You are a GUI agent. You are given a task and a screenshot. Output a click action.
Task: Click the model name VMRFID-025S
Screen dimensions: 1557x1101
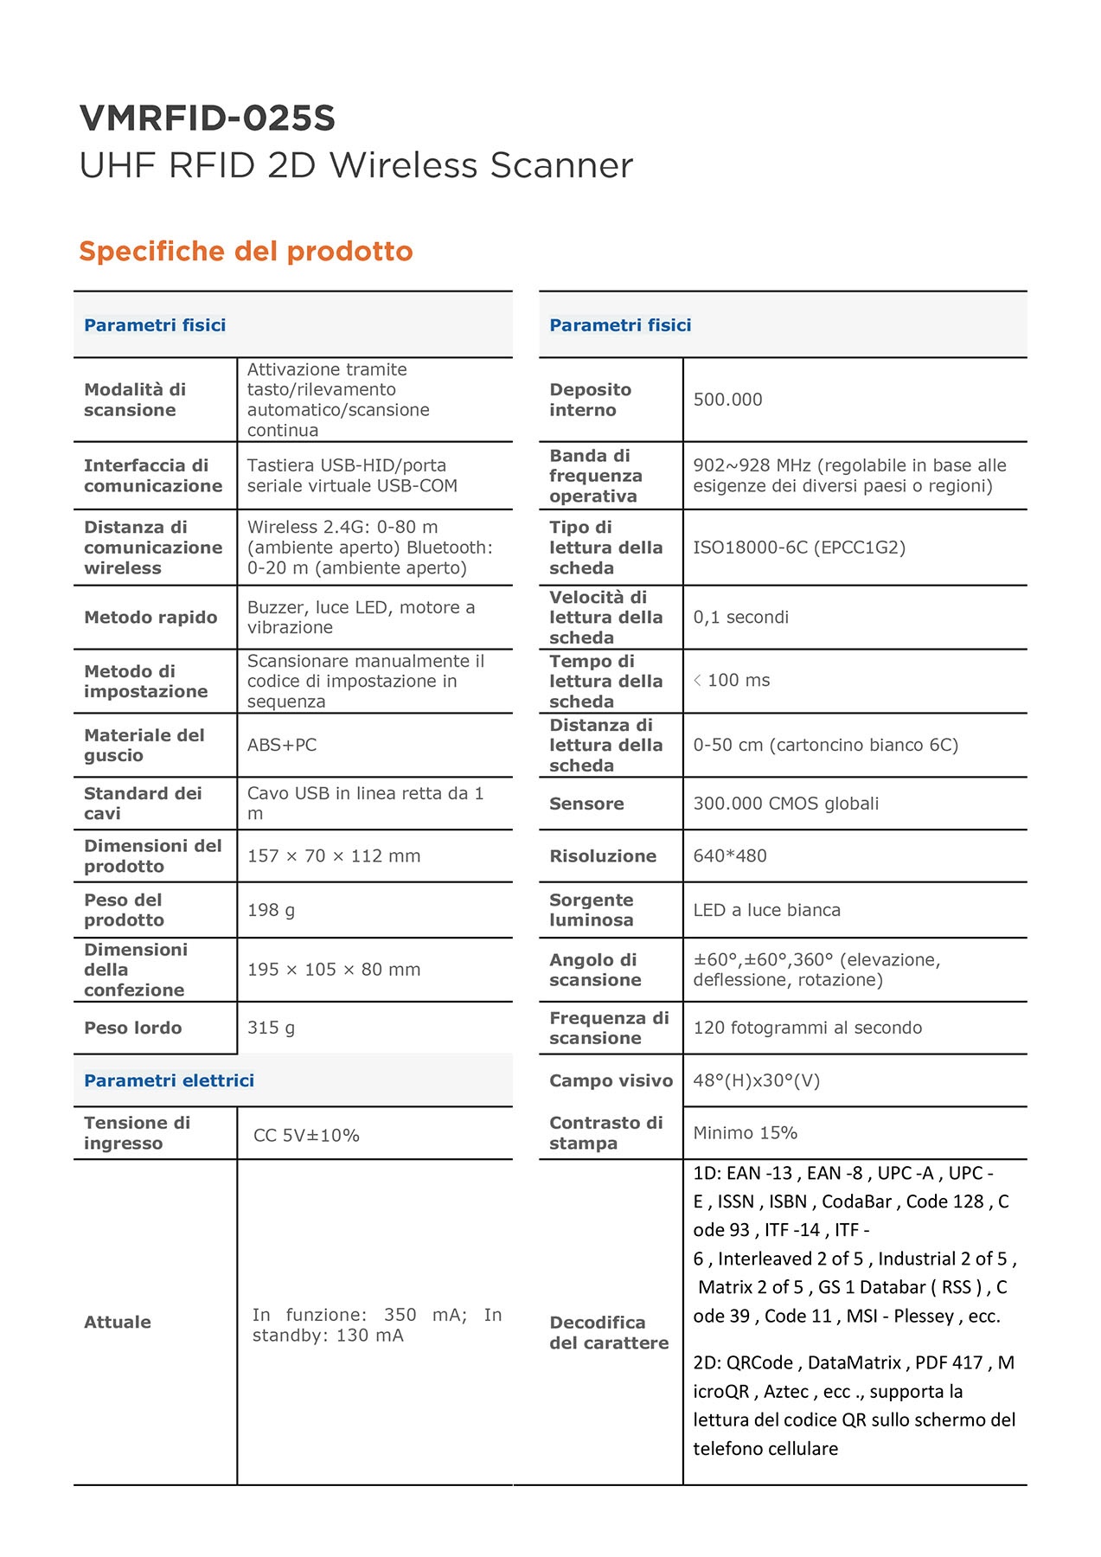point(207,119)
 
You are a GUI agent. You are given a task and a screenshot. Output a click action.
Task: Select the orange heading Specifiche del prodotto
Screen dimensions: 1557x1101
point(246,251)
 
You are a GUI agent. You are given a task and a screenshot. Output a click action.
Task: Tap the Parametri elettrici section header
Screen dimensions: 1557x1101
point(169,1080)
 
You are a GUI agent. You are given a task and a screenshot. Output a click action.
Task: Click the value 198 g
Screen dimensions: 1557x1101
point(271,910)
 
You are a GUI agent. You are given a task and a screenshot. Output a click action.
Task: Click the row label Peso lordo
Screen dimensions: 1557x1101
point(132,1028)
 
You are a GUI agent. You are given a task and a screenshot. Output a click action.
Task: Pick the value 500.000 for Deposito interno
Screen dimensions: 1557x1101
point(727,400)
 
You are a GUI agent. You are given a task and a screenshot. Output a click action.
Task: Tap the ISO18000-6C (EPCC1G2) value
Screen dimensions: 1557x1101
point(799,548)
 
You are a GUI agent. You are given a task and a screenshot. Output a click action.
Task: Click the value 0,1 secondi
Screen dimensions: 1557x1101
point(740,617)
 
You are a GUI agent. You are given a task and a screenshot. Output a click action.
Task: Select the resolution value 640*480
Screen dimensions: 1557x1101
point(730,855)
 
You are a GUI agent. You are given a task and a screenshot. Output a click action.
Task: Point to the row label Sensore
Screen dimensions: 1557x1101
point(586,804)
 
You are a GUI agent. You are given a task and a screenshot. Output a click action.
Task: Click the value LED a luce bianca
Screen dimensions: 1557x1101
point(766,910)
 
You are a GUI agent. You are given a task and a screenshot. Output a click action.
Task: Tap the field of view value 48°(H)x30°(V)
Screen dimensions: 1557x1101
point(756,1080)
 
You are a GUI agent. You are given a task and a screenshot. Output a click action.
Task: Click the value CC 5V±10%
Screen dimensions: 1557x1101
point(306,1135)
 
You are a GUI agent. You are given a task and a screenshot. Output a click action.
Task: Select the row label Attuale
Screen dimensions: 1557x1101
point(118,1322)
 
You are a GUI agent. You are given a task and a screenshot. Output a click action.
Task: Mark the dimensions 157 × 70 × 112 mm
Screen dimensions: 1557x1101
point(334,855)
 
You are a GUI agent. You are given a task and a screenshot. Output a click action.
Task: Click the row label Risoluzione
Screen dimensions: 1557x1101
point(603,855)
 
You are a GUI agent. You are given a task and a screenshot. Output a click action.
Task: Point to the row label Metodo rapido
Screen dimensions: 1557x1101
point(150,617)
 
